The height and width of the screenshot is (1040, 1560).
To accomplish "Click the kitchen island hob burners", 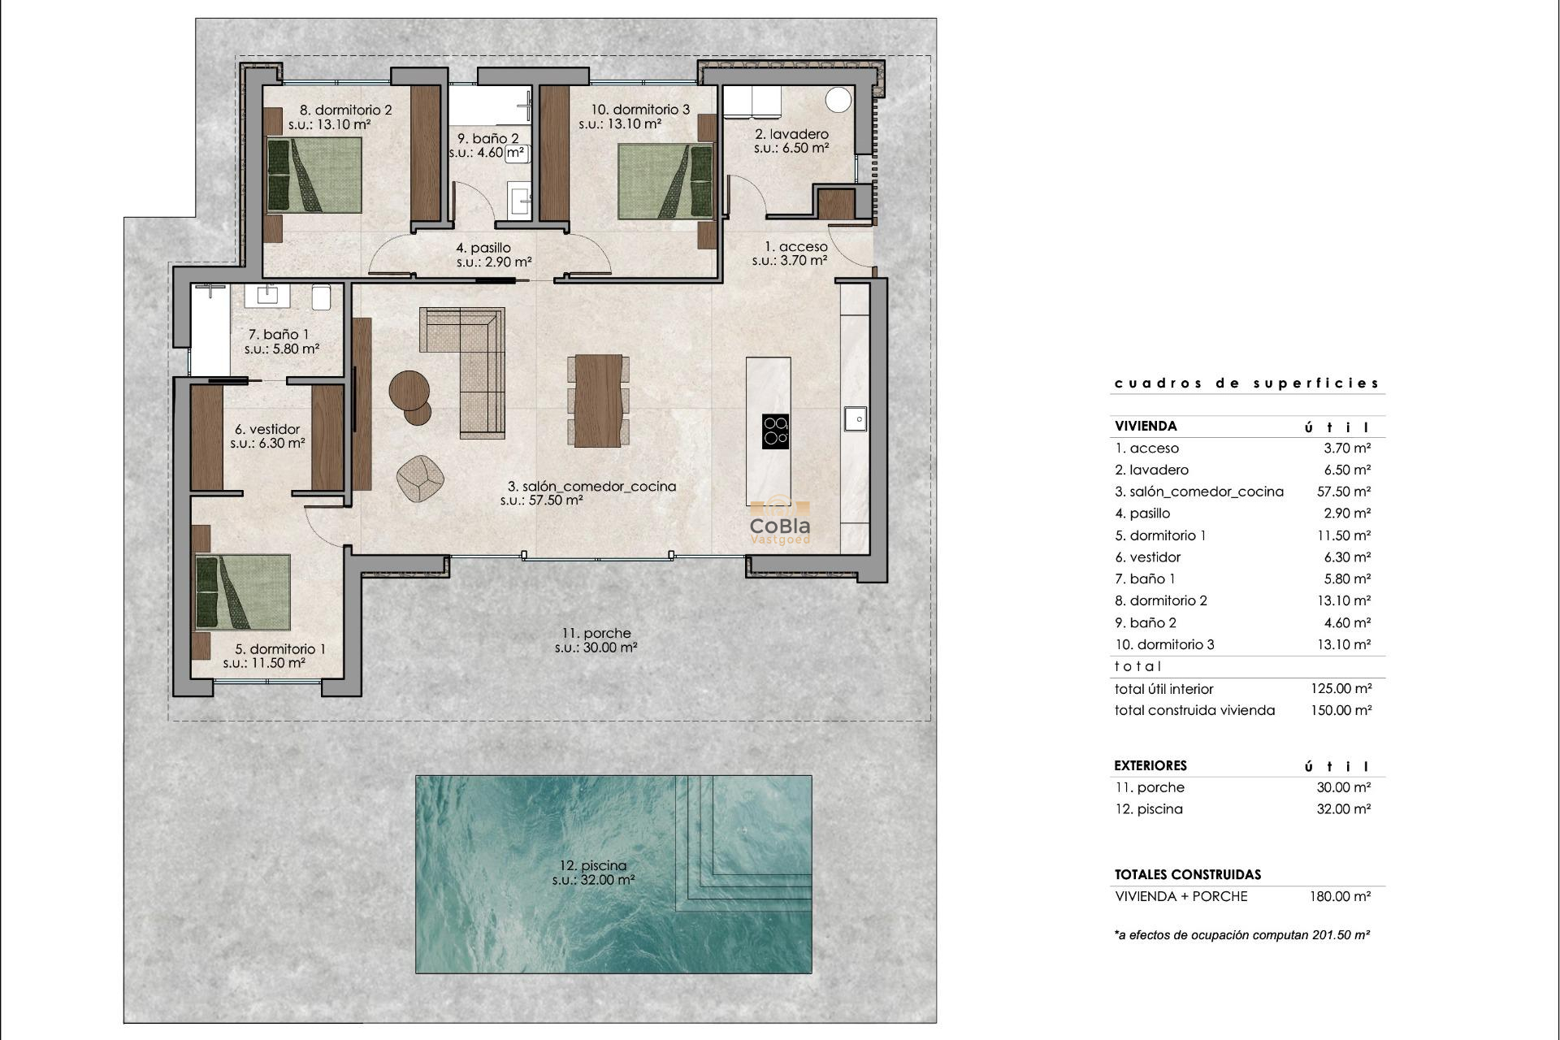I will coord(775,431).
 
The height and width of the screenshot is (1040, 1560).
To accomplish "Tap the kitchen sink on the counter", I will coord(855,418).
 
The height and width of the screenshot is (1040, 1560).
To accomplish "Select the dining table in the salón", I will coord(598,401).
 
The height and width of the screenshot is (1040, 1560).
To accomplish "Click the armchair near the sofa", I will coord(420,478).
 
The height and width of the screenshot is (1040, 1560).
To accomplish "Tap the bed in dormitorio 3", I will coord(665,181).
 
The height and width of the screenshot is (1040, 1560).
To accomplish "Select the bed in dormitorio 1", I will coord(243,592).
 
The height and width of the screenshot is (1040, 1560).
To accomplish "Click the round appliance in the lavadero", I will coord(838,100).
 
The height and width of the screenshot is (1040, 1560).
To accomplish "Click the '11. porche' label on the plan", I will coord(596,633).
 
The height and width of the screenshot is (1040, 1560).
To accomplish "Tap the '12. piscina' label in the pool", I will coord(592,865).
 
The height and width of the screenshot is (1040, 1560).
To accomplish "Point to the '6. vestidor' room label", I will coord(267,429).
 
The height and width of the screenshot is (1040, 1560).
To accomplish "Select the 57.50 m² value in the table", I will coord(1343,492).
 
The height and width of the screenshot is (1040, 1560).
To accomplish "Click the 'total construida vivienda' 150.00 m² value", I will coord(1341,710).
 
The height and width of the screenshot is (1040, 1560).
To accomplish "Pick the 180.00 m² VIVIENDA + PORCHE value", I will coord(1341,896).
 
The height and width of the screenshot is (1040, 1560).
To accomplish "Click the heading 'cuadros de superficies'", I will coord(1246,383).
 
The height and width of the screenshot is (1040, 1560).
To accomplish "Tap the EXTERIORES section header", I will coord(1150,765).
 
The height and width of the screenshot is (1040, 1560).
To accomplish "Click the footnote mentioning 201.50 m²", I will coord(1241,935).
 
